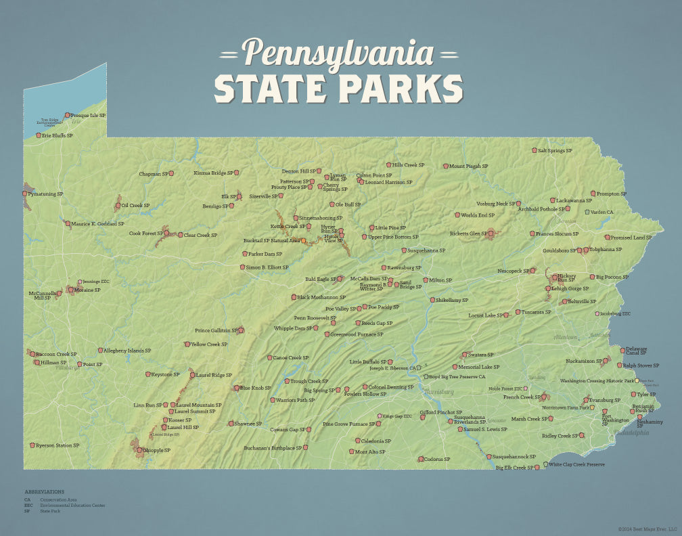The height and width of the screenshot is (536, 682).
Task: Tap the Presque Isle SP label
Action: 89,116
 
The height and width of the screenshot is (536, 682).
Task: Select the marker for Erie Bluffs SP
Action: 39,135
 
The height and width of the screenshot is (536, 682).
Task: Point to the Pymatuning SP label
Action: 45,194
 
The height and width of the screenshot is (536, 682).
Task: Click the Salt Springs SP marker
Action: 535,150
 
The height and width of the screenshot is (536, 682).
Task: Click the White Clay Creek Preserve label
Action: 576,464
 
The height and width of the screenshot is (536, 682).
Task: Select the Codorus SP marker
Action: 420,459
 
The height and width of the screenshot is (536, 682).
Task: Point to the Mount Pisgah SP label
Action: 468,166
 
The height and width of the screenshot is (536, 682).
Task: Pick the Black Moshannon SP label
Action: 321,297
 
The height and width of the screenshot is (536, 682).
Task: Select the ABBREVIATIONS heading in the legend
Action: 45,491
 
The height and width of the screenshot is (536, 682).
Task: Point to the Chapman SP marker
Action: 171,173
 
